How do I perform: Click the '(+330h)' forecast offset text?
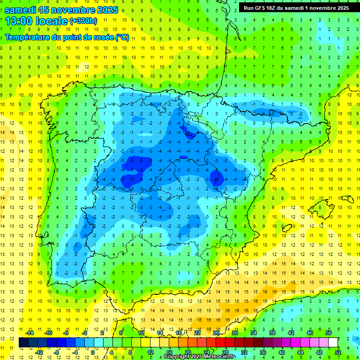(84, 21)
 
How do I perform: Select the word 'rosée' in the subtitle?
(104, 37)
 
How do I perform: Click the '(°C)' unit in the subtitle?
(122, 37)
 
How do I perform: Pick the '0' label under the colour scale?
(93, 352)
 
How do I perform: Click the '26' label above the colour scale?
(216, 332)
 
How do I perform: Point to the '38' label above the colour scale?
(272, 332)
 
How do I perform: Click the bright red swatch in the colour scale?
(221, 343)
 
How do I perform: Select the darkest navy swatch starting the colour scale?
(23, 343)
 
